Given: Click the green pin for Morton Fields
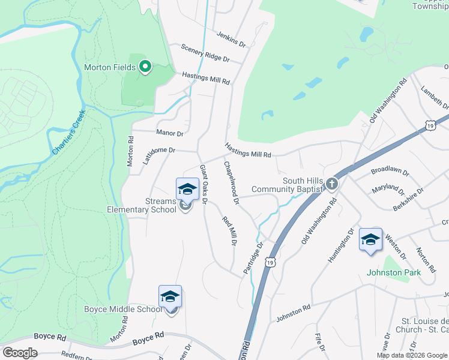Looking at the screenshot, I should [x=145, y=67].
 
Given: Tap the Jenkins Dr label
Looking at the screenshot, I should [x=232, y=40].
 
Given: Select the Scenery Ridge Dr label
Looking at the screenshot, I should [x=205, y=54].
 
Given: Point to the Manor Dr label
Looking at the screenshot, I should [x=169, y=133].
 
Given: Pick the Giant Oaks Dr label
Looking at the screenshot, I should [x=203, y=185].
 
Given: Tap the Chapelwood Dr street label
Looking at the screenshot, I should [x=232, y=182].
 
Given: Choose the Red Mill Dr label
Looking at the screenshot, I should [x=229, y=231].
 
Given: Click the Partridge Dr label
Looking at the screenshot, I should [x=254, y=258].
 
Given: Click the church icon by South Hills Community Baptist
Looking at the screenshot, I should [x=331, y=185].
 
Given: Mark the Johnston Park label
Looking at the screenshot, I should [x=394, y=272].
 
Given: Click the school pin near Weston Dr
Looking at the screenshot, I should [x=370, y=239].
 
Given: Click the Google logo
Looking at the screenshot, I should [x=20, y=353].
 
